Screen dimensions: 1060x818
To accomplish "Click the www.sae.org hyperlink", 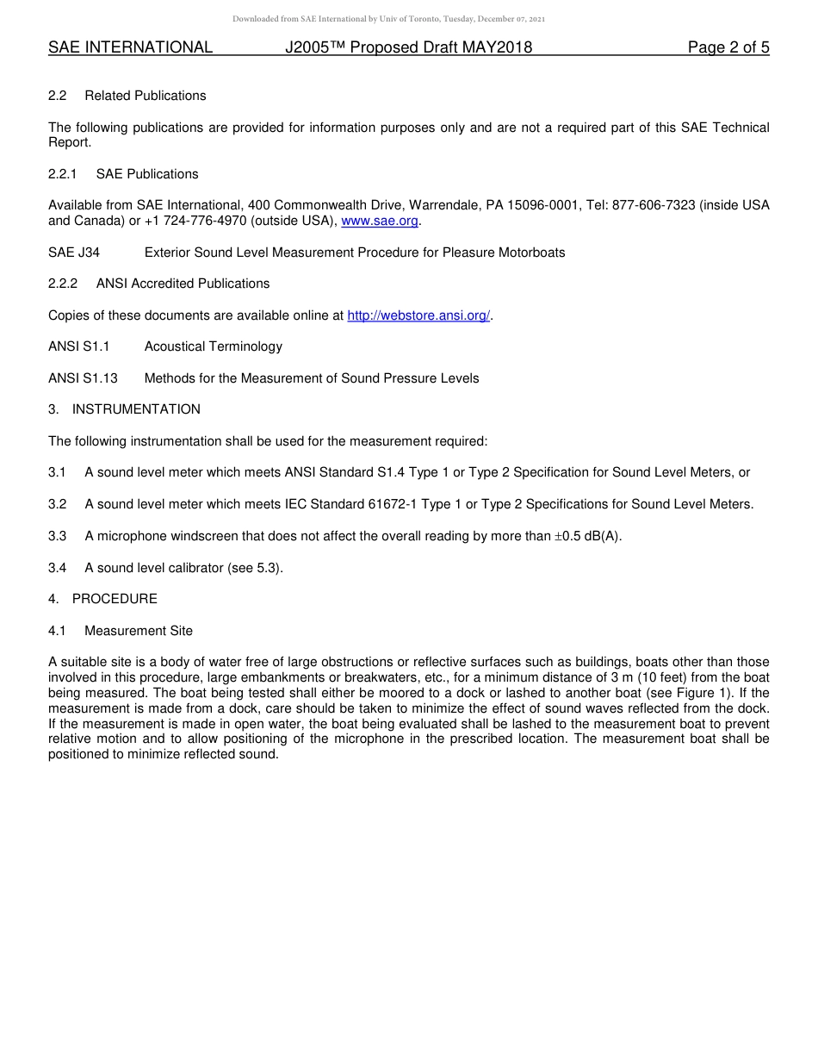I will [380, 221].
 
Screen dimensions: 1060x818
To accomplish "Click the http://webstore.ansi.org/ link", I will [418, 315].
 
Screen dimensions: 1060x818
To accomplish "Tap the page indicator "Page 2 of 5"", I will [728, 47].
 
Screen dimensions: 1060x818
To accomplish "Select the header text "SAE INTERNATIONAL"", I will [130, 47].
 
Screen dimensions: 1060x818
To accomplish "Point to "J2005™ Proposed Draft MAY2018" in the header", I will [408, 47].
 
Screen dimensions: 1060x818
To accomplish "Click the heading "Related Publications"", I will [145, 96].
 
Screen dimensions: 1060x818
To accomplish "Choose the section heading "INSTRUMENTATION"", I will [136, 409].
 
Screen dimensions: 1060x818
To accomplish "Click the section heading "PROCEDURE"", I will [115, 599].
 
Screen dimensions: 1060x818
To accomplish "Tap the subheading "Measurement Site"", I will [139, 631].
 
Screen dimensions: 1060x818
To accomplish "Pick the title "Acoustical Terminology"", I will [213, 346].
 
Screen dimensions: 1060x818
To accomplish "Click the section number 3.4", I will [58, 568].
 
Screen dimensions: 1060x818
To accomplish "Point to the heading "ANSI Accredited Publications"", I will [183, 284].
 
